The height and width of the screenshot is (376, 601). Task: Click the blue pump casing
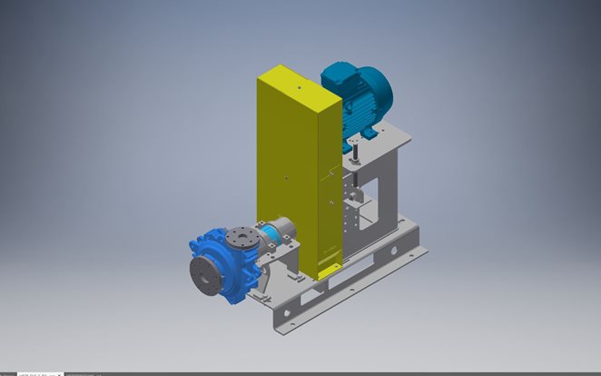(218, 263)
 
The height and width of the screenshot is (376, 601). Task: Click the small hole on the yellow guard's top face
(299, 89)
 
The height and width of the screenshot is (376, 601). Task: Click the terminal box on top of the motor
(337, 78)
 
